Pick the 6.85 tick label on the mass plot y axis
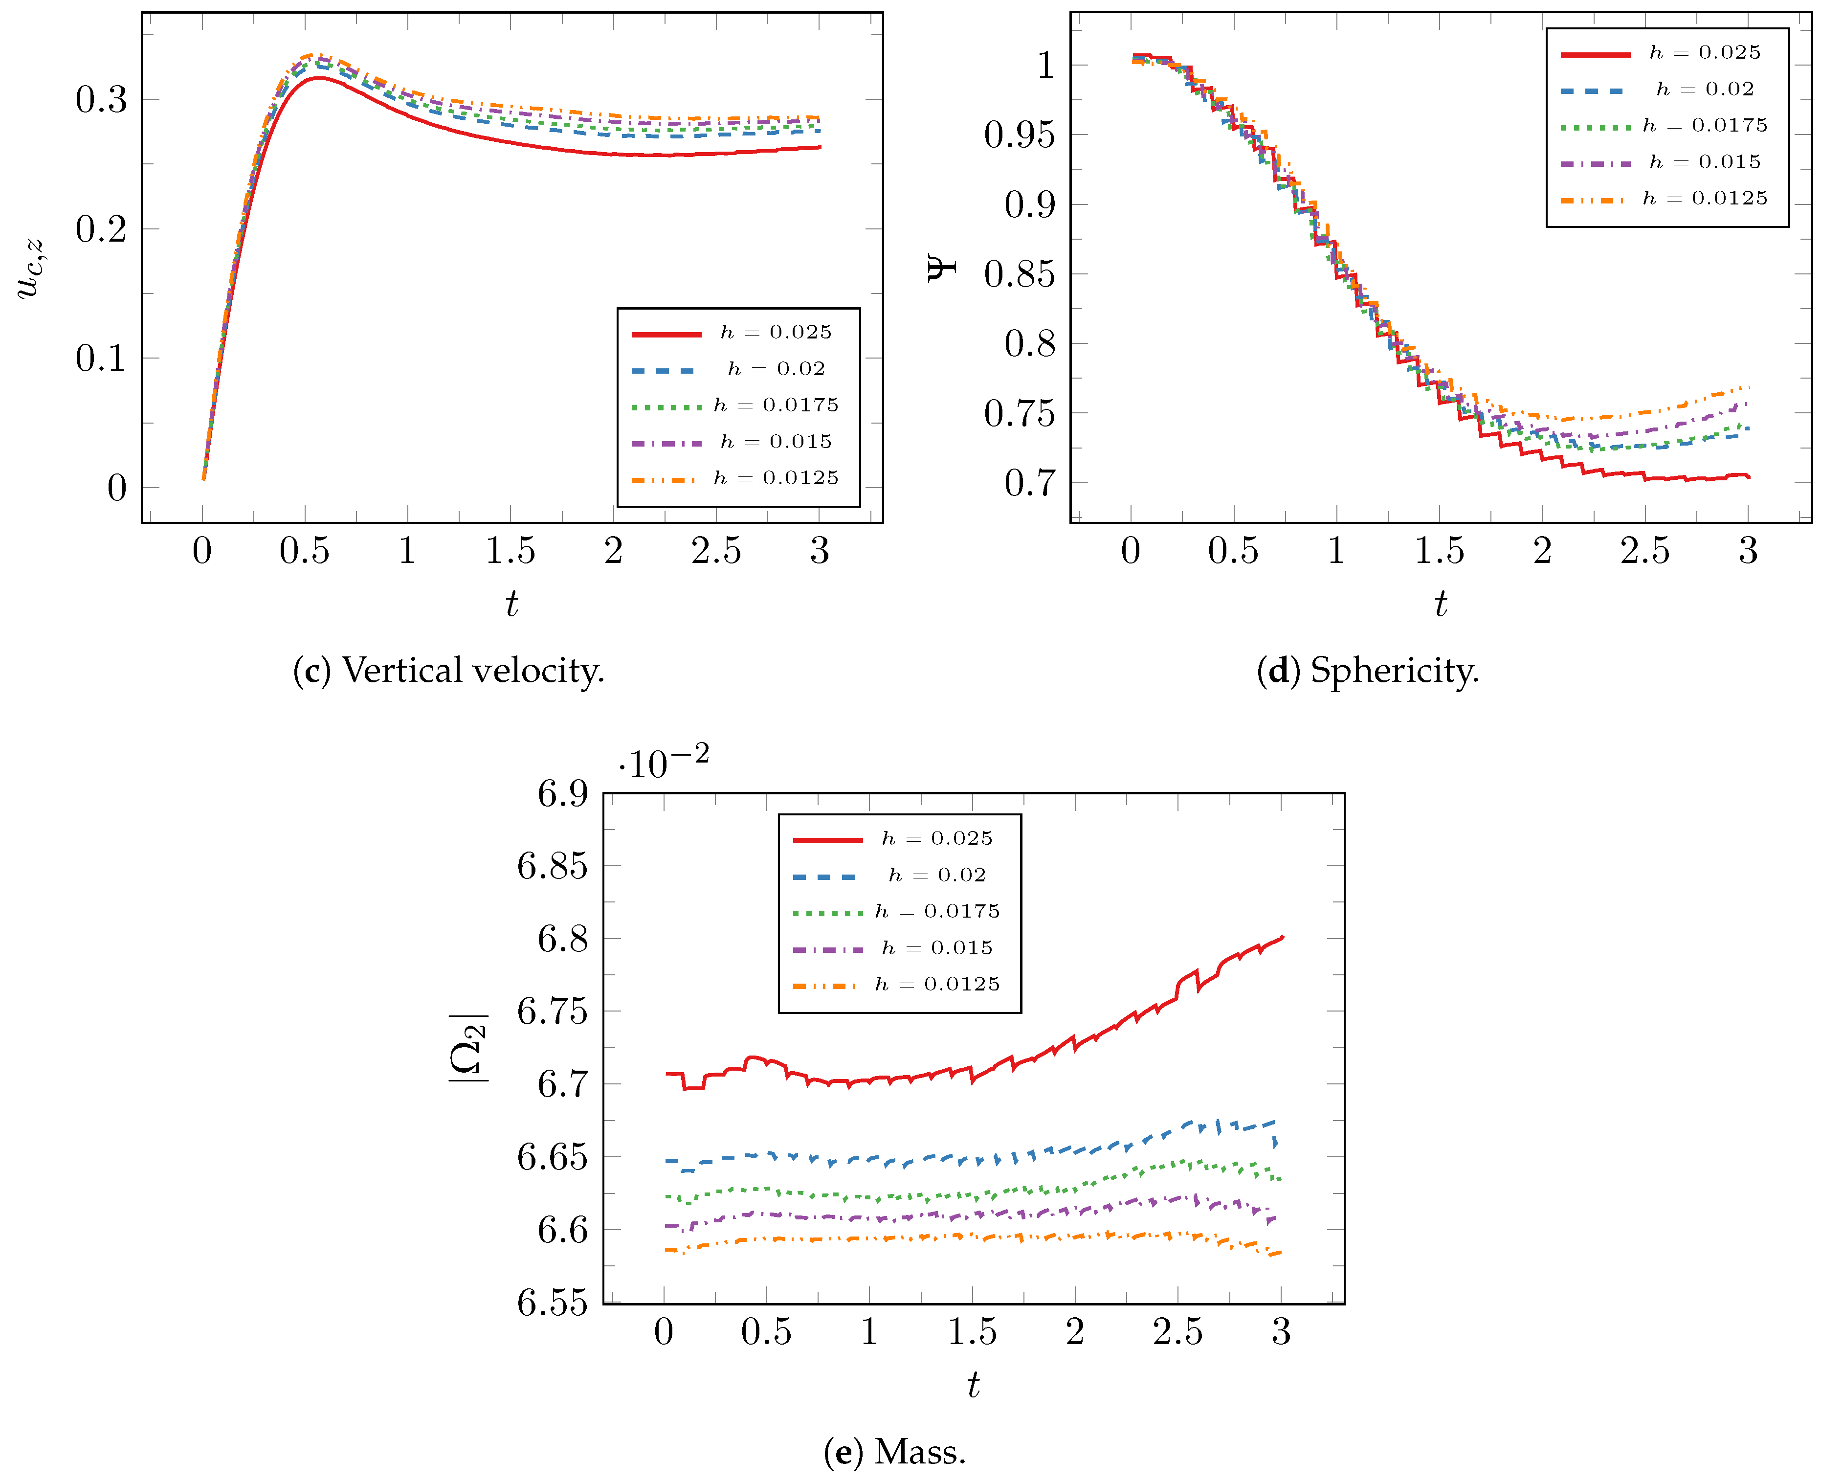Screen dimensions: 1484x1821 click(x=552, y=866)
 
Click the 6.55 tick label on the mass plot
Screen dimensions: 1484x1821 click(x=552, y=1303)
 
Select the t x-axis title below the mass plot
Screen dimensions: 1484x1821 click(x=973, y=1384)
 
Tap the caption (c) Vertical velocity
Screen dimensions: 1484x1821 click(x=448, y=671)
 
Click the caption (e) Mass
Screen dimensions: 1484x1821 click(x=895, y=1452)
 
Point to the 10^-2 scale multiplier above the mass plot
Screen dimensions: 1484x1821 click(x=664, y=762)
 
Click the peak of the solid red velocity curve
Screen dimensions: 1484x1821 click(x=318, y=78)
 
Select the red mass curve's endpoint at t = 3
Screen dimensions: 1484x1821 click(x=1282, y=937)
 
